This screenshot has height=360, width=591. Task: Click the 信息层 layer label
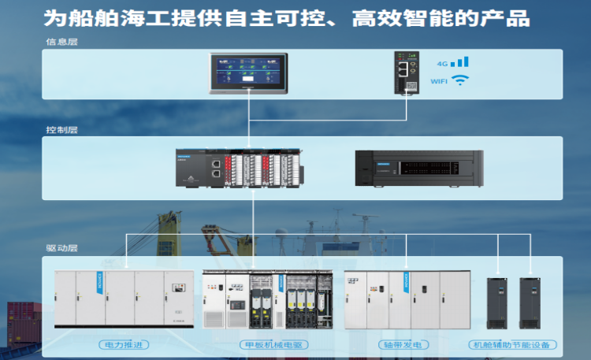[62, 42]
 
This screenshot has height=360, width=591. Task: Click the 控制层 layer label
[62, 129]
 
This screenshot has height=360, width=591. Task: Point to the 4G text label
[442, 63]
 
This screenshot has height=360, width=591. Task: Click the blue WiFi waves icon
[460, 80]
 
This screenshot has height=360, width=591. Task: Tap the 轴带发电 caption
[407, 344]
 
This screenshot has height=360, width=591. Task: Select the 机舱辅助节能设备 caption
[512, 344]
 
